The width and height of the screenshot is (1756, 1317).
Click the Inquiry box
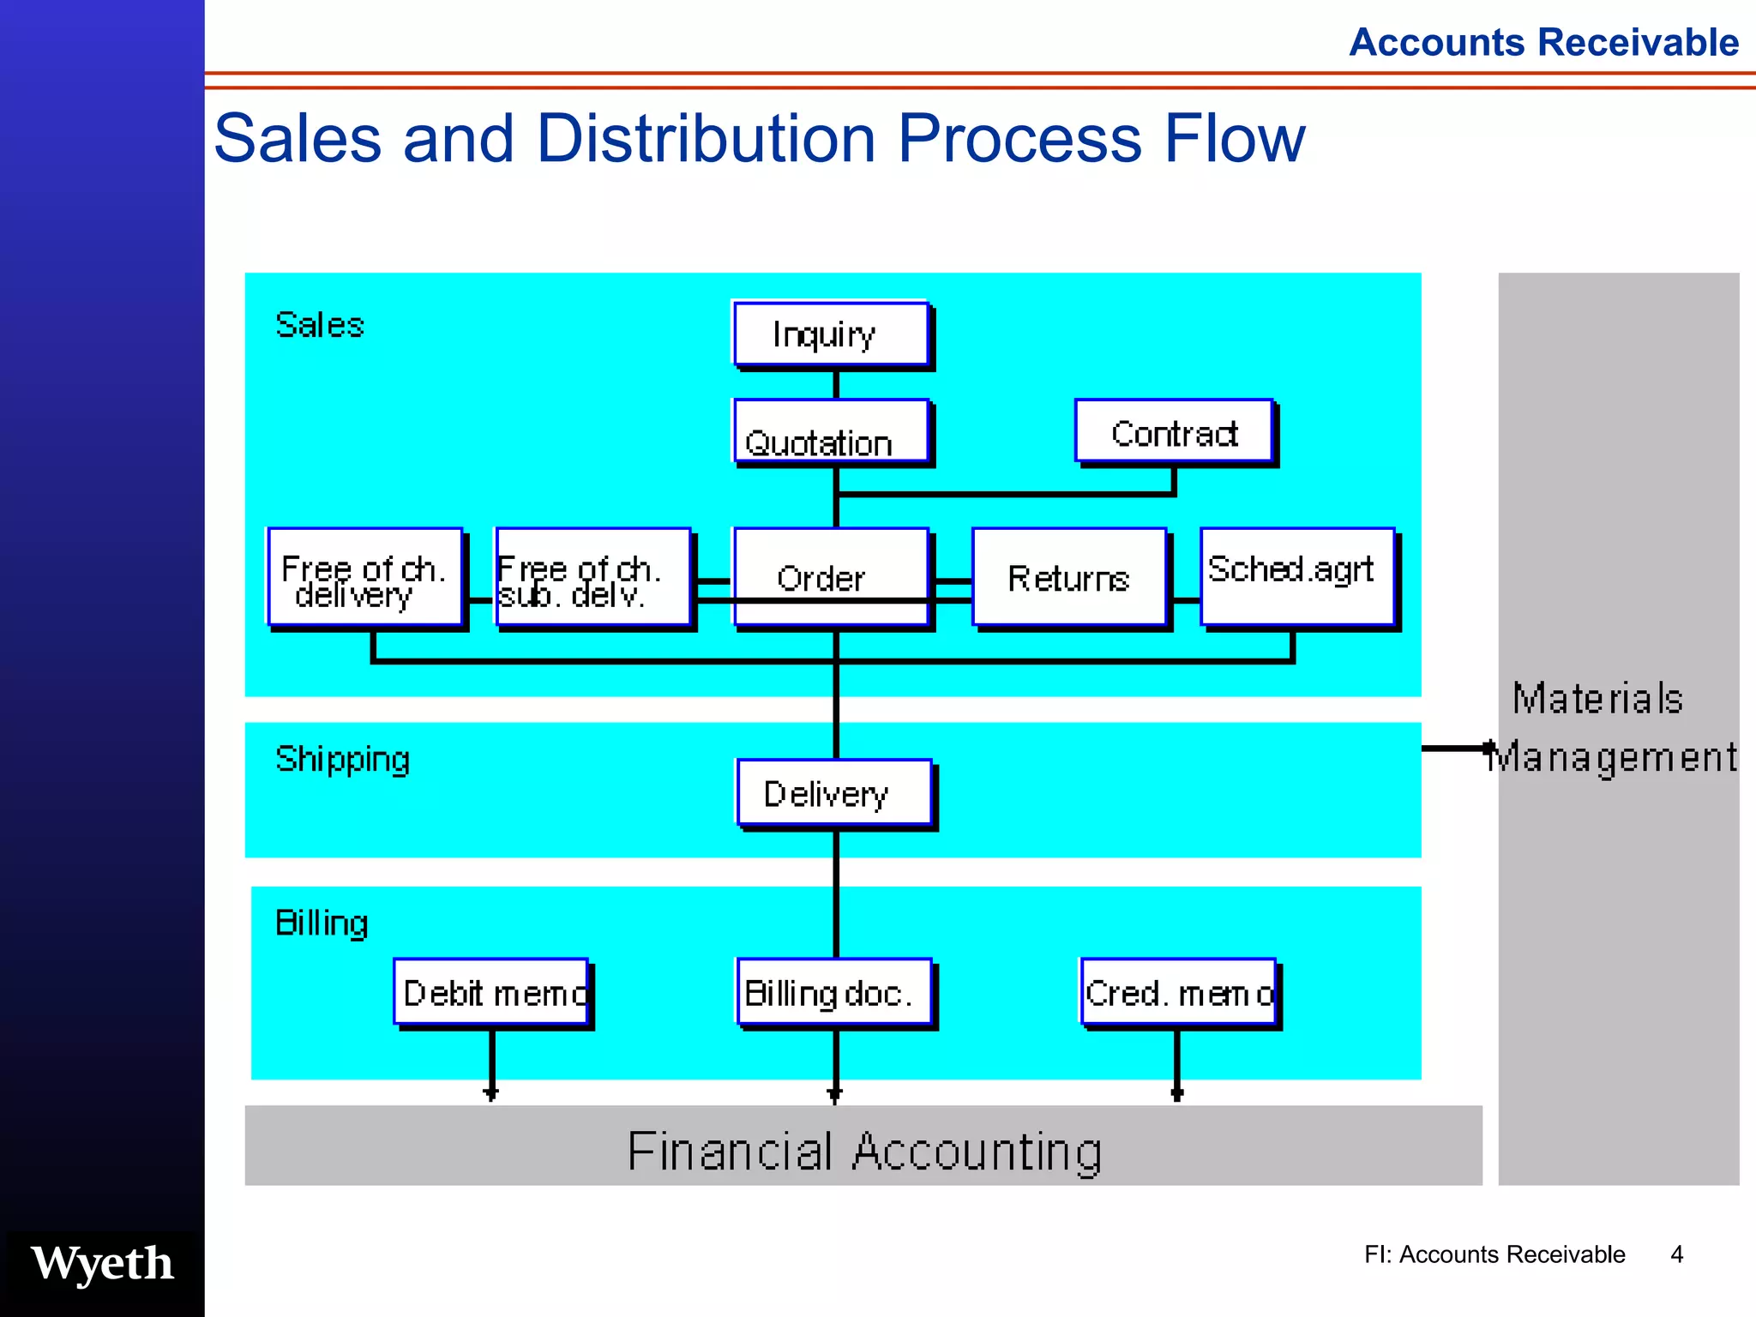[830, 334]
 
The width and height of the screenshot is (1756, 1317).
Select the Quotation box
[830, 431]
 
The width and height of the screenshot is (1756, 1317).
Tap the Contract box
[1173, 431]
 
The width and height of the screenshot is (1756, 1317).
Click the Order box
[830, 577]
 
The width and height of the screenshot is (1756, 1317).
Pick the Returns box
[1068, 577]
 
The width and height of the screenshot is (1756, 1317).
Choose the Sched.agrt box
[1296, 575]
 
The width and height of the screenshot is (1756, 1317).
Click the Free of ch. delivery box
[365, 577]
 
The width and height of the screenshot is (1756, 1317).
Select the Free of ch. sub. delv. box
[593, 577]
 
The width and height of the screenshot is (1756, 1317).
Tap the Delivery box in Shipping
[833, 793]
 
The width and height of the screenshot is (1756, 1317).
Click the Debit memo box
[491, 992]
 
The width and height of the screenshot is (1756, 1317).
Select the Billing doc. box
[833, 992]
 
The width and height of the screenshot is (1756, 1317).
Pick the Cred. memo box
[1178, 992]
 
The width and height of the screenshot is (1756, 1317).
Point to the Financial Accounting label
[863, 1151]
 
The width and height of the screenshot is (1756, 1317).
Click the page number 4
[1676, 1254]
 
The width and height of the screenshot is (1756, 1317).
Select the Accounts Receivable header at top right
[1543, 42]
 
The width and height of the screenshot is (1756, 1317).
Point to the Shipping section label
[342, 760]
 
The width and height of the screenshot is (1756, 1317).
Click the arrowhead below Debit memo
[490, 1093]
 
